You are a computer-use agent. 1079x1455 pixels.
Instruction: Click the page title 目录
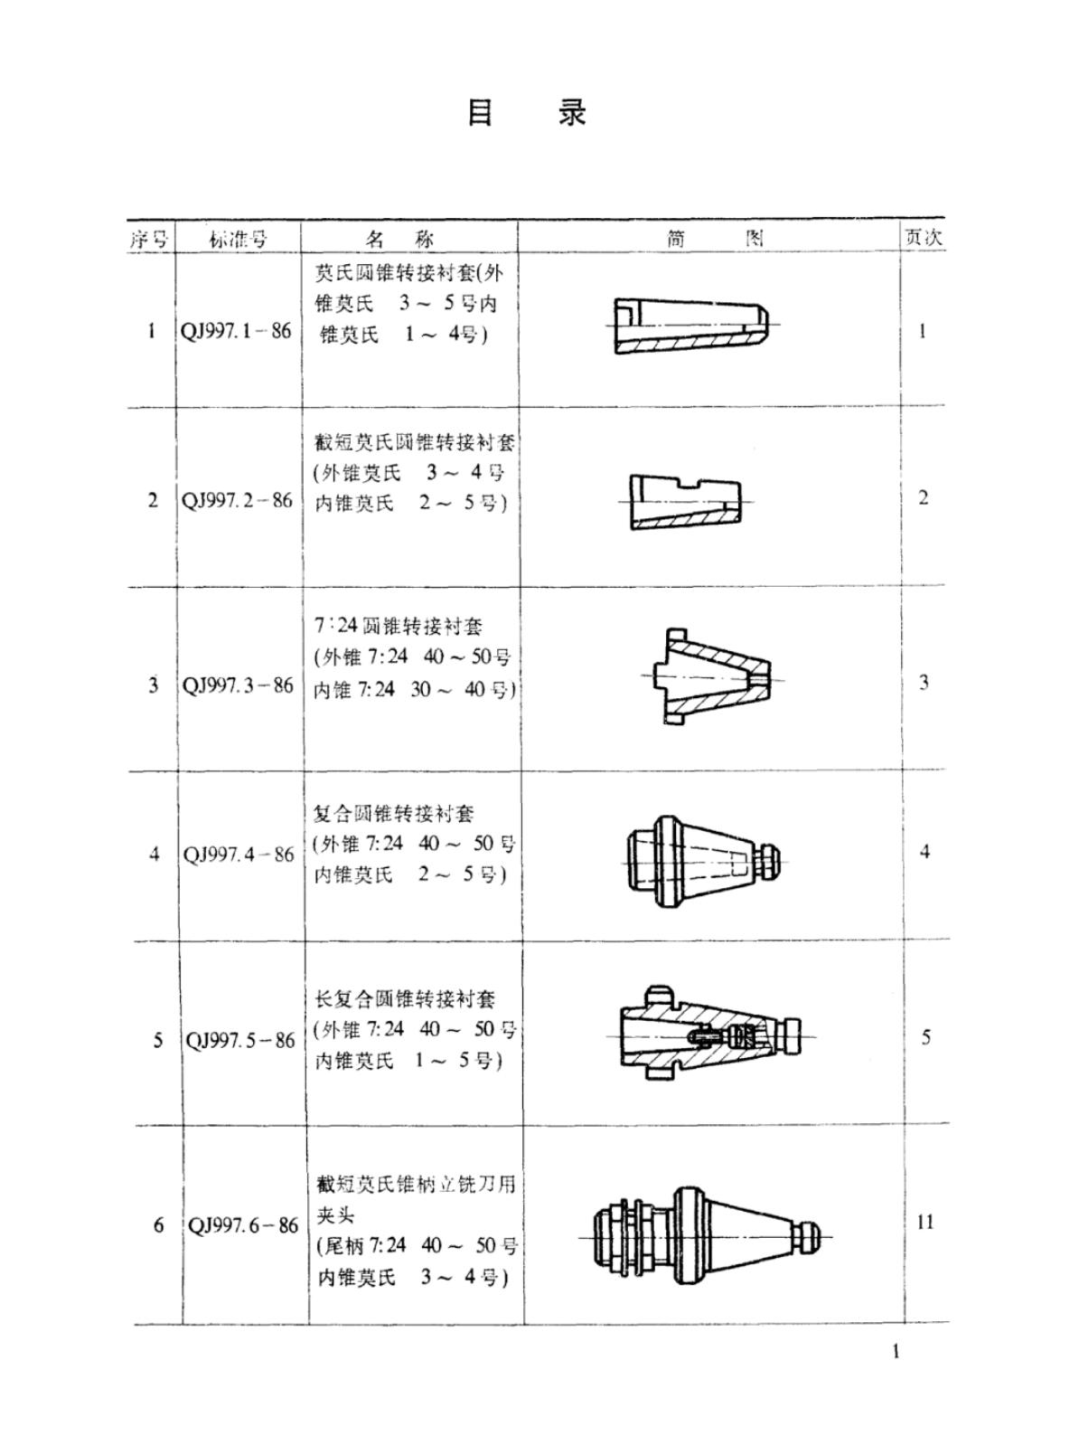pyautogui.click(x=527, y=113)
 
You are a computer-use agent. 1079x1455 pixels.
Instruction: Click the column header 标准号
pyautogui.click(x=238, y=239)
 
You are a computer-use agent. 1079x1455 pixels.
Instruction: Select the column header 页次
pyautogui.click(x=923, y=237)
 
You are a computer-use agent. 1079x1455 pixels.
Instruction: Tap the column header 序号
pyautogui.click(x=149, y=241)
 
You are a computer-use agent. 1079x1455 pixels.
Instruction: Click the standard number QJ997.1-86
pyautogui.click(x=236, y=331)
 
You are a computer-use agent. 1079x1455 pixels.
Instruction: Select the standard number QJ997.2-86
pyautogui.click(x=237, y=501)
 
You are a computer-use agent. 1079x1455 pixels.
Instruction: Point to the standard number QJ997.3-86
pyautogui.click(x=238, y=685)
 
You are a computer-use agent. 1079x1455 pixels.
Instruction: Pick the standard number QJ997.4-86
pyautogui.click(x=239, y=855)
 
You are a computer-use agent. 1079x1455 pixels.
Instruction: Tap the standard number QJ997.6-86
pyautogui.click(x=242, y=1225)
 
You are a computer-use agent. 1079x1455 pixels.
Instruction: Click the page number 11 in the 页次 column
pyautogui.click(x=925, y=1222)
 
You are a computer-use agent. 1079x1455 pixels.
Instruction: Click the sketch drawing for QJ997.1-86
pyautogui.click(x=692, y=326)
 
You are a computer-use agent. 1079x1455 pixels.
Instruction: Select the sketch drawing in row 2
pyautogui.click(x=686, y=502)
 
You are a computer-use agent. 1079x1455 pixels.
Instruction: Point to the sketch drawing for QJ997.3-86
pyautogui.click(x=712, y=676)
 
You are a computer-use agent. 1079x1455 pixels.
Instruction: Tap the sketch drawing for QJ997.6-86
pyautogui.click(x=706, y=1237)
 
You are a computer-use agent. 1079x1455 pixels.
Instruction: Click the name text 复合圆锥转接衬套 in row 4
pyautogui.click(x=393, y=814)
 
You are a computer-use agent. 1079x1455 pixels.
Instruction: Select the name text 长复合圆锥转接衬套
pyautogui.click(x=405, y=999)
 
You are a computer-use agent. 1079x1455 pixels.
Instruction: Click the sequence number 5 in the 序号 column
pyautogui.click(x=157, y=1041)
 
